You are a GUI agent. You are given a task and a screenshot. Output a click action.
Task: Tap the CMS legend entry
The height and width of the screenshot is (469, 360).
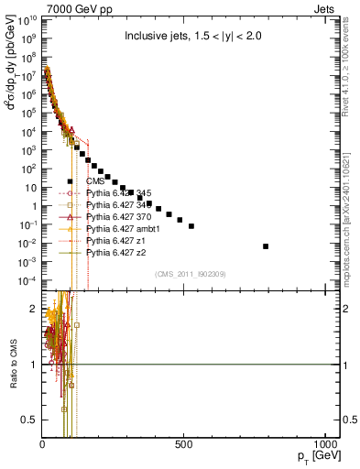[108, 181]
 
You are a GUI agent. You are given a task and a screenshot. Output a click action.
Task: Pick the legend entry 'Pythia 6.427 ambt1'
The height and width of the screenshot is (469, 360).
[126, 228]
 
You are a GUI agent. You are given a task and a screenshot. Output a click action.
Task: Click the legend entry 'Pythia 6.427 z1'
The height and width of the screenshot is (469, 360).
[120, 239]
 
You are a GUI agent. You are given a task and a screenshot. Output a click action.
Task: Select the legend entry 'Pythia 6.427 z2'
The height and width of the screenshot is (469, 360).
[120, 251]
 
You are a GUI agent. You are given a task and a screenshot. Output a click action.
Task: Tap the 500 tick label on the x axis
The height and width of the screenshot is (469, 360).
[184, 444]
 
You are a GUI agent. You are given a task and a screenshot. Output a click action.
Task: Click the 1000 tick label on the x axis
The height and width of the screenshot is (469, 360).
[324, 444]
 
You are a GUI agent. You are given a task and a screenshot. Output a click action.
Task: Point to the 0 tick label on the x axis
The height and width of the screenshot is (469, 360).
[43, 444]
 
